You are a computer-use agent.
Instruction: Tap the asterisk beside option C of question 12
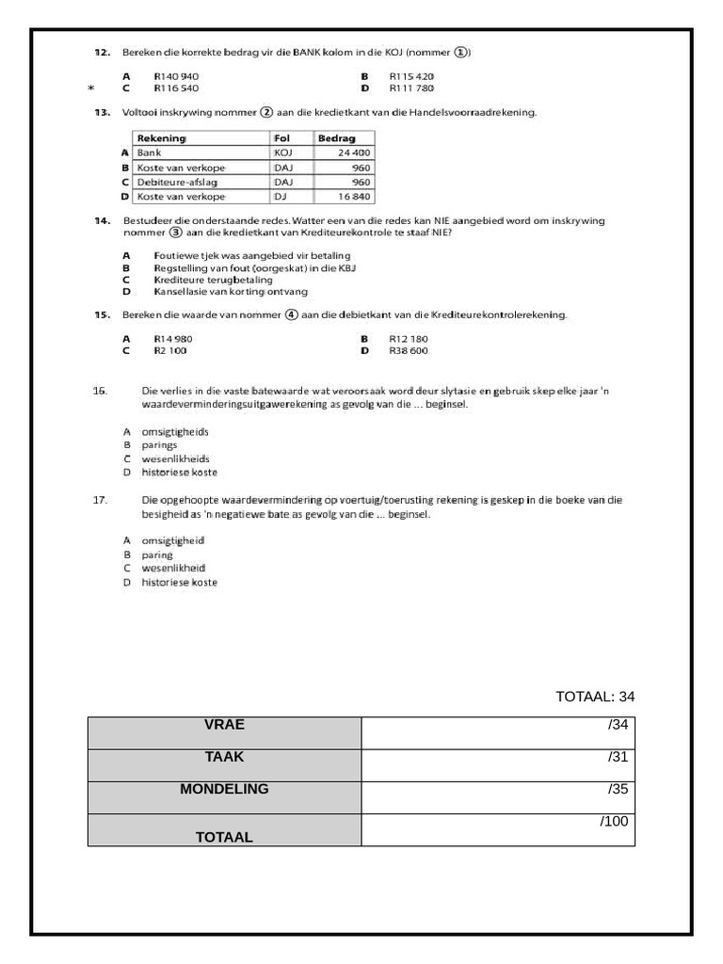point(90,88)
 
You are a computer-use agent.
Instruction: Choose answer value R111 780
point(411,88)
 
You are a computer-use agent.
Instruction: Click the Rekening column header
point(162,138)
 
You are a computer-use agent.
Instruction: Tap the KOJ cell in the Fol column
point(283,153)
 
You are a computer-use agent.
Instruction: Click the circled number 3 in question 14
point(175,233)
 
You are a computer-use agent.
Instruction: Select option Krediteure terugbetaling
point(213,280)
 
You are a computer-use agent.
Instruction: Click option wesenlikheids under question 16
point(175,458)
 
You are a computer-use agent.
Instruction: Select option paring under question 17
point(157,555)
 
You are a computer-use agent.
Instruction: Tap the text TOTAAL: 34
point(595,697)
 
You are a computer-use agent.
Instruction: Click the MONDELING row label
point(224,789)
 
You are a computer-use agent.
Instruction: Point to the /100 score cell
point(614,821)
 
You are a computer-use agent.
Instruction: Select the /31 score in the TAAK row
point(618,756)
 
